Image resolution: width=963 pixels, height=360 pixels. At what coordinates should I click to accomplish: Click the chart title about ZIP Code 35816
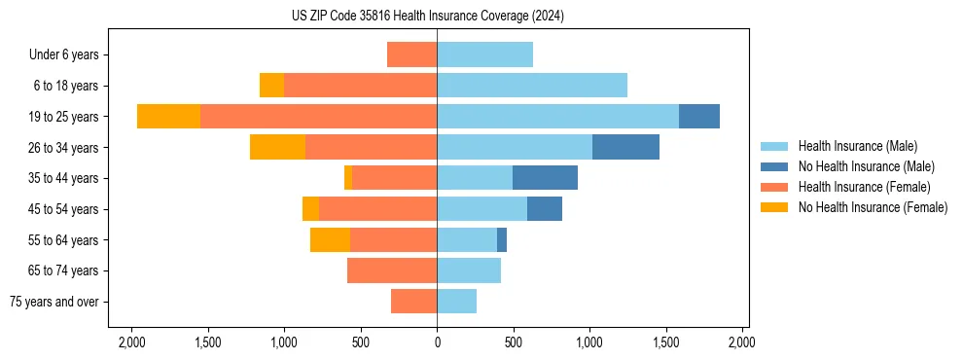coord(428,17)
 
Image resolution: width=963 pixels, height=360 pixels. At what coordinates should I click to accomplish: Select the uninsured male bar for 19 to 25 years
coord(698,116)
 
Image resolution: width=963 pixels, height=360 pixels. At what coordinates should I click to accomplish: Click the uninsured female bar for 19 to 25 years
coord(168,116)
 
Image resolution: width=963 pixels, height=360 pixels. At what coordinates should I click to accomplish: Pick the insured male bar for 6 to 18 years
coord(531,86)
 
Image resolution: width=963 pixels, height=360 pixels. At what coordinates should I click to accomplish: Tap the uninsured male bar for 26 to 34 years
coord(625,147)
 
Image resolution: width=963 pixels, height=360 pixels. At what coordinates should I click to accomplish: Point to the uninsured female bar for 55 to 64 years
coord(330,239)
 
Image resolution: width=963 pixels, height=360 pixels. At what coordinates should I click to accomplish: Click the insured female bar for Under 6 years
coord(411,54)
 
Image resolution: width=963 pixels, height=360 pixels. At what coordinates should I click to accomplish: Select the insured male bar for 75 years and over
coord(456,302)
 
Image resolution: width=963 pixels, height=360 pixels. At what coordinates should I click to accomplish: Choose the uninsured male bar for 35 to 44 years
coord(545,178)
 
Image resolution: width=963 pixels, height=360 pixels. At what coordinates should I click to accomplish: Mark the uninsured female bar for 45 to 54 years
coord(310,209)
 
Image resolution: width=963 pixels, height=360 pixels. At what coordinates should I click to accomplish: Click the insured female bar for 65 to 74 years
coord(391,270)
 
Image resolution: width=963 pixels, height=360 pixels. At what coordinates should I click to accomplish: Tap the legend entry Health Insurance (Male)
coord(857,146)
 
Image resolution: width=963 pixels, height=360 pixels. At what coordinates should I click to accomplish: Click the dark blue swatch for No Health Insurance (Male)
coord(775,166)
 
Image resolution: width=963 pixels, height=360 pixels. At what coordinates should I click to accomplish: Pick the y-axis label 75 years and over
coord(54,302)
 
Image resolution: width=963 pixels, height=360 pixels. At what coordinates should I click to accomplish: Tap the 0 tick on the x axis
coord(437,342)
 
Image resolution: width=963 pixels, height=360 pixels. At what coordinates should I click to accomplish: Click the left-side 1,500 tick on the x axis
coord(207,342)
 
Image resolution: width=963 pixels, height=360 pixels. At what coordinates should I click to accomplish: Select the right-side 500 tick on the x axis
coord(513,342)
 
